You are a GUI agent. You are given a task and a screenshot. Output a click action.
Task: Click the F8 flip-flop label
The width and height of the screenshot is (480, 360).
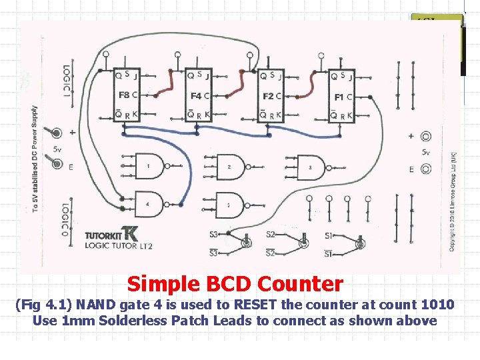125,95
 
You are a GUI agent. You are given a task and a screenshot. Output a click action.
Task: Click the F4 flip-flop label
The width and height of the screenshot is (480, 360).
196,96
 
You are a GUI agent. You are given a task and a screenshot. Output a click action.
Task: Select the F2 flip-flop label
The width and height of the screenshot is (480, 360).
268,96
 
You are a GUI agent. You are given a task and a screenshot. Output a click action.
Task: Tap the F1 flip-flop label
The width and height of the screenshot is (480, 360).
339,97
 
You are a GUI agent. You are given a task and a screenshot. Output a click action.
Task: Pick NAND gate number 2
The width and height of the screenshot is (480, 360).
231,166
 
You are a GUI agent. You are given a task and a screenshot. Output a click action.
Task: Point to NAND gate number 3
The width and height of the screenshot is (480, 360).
311,167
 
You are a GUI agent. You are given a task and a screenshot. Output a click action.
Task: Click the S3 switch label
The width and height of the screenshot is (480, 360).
213,234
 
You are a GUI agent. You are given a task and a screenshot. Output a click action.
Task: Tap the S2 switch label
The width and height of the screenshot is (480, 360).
271,234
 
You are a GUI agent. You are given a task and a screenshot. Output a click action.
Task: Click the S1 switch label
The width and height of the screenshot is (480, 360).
329,235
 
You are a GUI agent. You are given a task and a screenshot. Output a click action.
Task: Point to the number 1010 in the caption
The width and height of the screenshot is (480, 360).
437,305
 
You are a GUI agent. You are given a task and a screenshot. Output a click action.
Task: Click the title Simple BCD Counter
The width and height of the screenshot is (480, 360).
235,284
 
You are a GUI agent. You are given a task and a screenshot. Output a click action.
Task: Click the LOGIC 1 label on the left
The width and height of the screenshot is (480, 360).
66,81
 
